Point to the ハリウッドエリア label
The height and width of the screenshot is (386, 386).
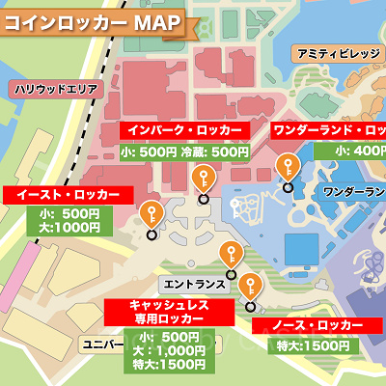point(56,89)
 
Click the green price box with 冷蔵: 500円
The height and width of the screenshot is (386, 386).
point(183,151)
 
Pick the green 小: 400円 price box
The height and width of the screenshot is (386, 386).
point(359,151)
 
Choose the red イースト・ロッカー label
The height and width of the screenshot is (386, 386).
point(68,194)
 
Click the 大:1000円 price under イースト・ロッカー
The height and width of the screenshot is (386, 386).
point(69,228)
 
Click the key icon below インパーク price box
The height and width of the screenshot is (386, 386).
point(203,179)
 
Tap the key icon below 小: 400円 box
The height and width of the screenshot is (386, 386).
point(286,168)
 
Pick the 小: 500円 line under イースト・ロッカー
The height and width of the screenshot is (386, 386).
point(69,213)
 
